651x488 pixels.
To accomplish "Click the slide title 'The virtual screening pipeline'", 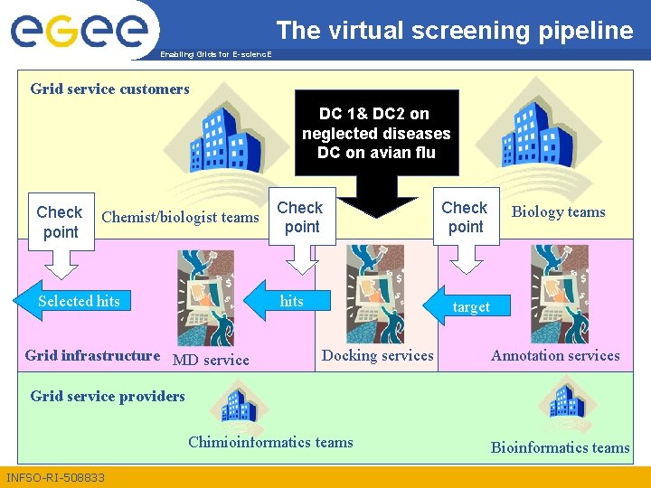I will tap(455, 31).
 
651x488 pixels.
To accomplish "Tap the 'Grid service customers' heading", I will tap(109, 89).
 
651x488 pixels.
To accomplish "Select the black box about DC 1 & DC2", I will tap(376, 133).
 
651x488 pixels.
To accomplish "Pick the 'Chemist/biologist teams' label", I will tap(181, 217).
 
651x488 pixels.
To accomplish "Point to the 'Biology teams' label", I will tap(558, 212).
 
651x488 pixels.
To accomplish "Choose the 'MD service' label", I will tap(210, 360).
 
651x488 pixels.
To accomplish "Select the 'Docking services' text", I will tap(377, 355).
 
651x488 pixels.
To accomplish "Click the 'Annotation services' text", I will tap(555, 355).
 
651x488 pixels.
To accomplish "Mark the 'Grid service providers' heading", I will tap(108, 396).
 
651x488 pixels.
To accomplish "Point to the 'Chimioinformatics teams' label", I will tap(270, 442).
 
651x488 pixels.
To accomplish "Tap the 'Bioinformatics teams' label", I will tap(560, 447).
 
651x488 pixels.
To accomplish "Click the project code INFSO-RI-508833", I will tap(55, 477).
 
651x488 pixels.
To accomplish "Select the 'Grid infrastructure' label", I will tap(92, 355).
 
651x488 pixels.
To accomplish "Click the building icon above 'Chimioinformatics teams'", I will tap(240, 403).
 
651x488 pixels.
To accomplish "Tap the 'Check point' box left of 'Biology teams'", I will tap(466, 218).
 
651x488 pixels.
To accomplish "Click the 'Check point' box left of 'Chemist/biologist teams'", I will tap(60, 221).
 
